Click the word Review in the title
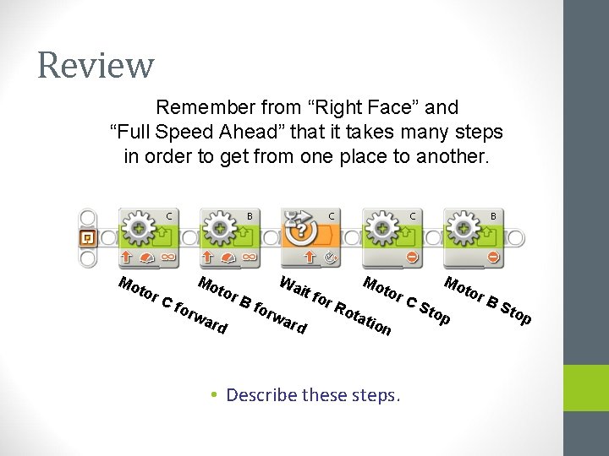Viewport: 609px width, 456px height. point(96,65)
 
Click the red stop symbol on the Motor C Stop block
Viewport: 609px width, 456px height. point(412,256)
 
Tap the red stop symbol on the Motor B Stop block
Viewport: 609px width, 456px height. point(493,256)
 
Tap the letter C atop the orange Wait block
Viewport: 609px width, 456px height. point(332,216)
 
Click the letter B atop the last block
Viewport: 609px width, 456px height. point(493,216)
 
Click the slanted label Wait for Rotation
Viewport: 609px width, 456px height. point(335,305)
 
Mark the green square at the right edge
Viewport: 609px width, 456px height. point(585,388)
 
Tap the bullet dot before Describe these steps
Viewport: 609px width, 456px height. point(216,395)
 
